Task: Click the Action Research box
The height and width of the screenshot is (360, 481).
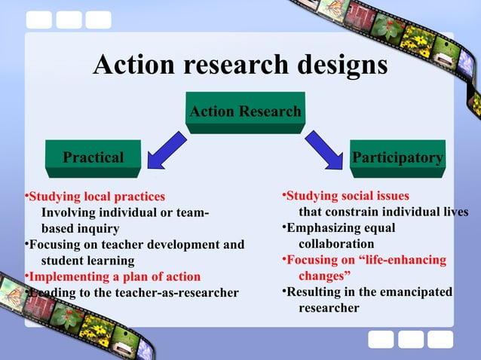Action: click(245, 112)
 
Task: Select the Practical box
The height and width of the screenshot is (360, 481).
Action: click(93, 157)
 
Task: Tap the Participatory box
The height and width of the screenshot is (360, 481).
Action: click(397, 157)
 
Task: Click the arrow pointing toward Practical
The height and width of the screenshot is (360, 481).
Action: click(167, 151)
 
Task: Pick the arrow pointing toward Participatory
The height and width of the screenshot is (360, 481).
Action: click(324, 151)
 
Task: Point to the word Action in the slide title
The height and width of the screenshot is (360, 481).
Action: click(135, 66)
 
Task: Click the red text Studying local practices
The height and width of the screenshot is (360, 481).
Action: click(97, 197)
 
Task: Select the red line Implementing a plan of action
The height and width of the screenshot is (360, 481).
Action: click(115, 276)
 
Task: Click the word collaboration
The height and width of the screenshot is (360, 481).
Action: click(336, 244)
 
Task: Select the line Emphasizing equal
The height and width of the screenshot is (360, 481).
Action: click(341, 228)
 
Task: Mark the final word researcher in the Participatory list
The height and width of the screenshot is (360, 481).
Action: click(329, 307)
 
